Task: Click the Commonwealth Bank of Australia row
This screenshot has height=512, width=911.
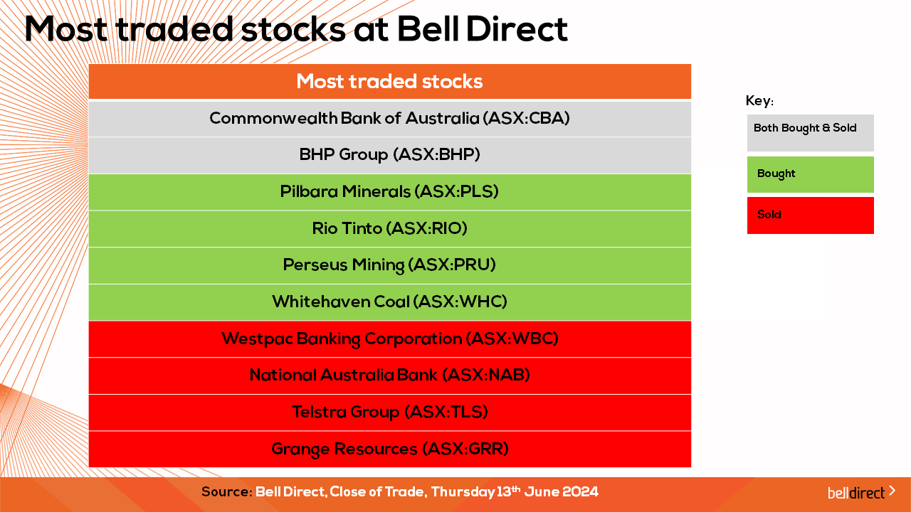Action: (x=389, y=119)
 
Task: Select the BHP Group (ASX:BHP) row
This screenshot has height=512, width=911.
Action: (x=389, y=155)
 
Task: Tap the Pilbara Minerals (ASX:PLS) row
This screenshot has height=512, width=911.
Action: (x=389, y=192)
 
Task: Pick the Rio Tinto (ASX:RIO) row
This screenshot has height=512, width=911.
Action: (x=389, y=229)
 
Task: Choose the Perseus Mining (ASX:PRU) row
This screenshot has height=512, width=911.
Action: (x=389, y=265)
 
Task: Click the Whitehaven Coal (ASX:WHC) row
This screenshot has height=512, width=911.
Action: (x=389, y=302)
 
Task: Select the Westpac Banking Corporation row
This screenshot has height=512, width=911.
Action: (x=389, y=339)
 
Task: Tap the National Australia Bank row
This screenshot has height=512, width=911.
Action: (x=389, y=376)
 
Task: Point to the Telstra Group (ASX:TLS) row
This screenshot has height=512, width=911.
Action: (x=389, y=412)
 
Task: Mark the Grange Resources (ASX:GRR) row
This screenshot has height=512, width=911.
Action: (x=389, y=449)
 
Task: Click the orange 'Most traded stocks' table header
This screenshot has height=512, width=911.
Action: (x=389, y=81)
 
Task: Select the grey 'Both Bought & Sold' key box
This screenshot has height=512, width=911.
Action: (x=810, y=133)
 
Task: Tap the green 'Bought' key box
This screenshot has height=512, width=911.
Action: (x=810, y=174)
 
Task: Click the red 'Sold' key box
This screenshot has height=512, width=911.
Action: (x=810, y=215)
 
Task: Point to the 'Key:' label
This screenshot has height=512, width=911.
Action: (x=759, y=100)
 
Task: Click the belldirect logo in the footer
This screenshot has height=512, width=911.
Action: (x=861, y=492)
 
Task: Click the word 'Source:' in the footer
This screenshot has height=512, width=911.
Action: (x=227, y=491)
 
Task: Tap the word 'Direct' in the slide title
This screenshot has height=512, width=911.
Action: (x=517, y=29)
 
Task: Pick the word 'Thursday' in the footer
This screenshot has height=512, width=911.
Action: (x=463, y=492)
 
